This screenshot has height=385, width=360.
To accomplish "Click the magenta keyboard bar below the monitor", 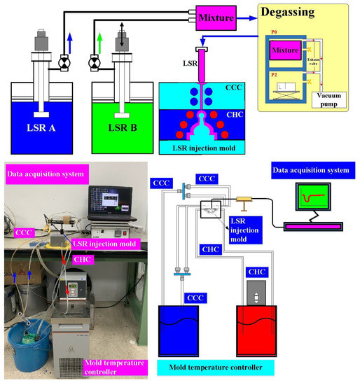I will click(x=313, y=225).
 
